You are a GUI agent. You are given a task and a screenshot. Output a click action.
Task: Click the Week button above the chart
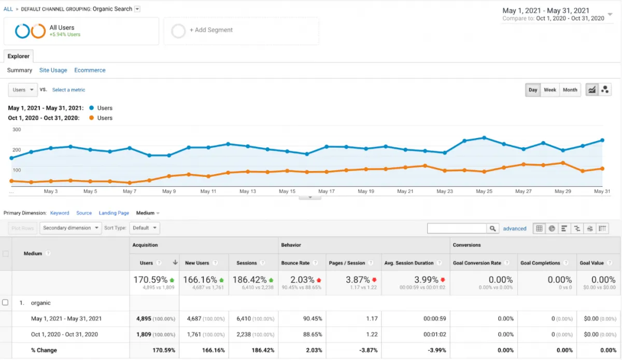pos(550,90)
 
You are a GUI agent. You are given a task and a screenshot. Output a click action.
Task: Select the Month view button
pos(570,90)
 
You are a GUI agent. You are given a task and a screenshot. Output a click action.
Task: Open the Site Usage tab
pos(53,70)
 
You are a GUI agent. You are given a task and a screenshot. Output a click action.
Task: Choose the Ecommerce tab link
pos(90,70)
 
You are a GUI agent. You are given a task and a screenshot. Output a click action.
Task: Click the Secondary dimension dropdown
pos(71,228)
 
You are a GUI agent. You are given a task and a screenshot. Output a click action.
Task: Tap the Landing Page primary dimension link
pos(114,213)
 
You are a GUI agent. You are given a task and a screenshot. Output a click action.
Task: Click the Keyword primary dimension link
pos(60,213)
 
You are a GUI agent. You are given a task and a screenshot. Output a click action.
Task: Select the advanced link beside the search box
pos(514,228)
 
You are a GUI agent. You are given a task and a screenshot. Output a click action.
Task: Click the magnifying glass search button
pos(492,228)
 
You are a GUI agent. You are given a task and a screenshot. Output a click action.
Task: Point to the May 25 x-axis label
pos(484,191)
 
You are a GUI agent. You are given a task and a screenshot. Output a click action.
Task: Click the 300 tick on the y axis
pos(17,130)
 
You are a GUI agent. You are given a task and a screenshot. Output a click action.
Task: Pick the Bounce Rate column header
pos(295,263)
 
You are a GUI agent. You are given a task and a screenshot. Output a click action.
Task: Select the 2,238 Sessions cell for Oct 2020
pos(247,334)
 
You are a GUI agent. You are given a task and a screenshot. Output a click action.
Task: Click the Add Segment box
pos(241,31)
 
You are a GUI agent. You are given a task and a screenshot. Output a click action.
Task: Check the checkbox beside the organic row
pos(6,302)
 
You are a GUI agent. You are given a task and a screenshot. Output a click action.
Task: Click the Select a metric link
pos(68,90)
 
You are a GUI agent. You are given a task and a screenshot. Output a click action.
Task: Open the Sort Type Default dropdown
pos(145,228)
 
